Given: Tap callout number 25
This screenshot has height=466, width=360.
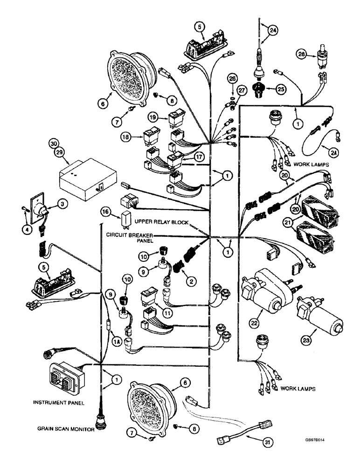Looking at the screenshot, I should pyautogui.click(x=280, y=88).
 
